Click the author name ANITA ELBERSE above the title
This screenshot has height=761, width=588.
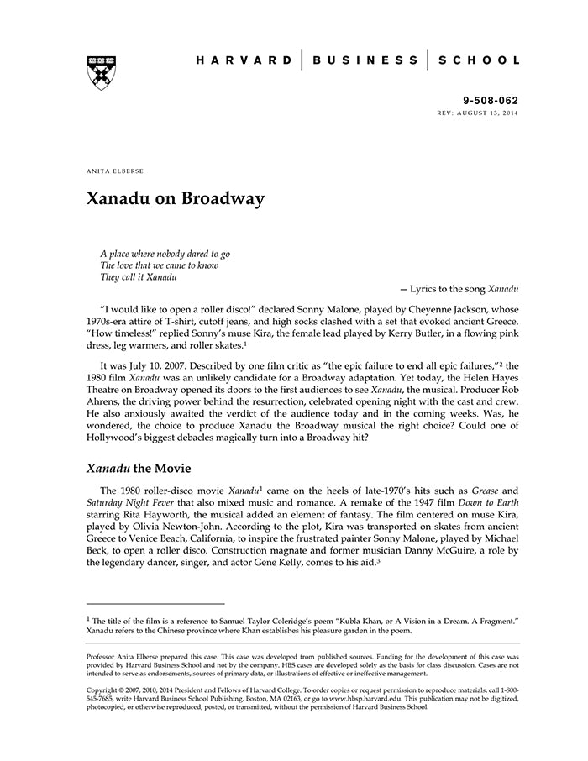coord(115,171)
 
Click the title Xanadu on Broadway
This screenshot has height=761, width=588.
coord(176,199)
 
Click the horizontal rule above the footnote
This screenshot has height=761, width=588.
coord(155,603)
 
